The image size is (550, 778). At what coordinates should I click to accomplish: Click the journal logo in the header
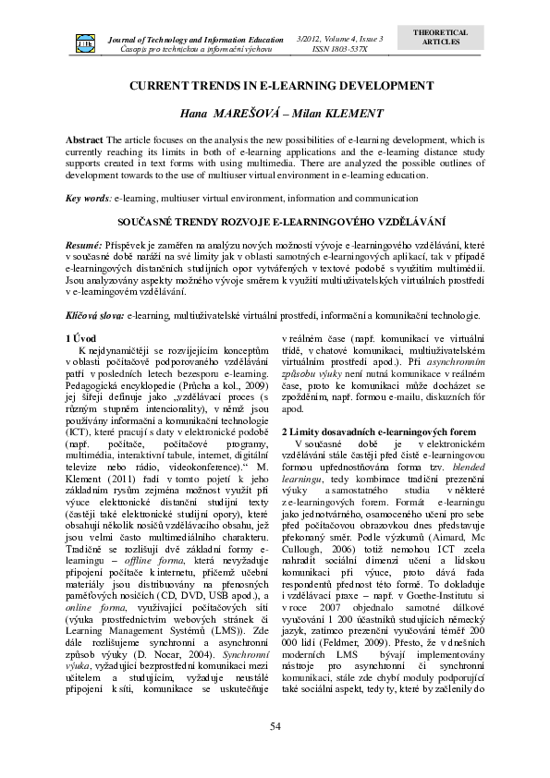pos(84,43)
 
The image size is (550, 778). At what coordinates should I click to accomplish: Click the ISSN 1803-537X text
pos(340,48)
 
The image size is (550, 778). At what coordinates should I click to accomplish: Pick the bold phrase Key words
pos(88,198)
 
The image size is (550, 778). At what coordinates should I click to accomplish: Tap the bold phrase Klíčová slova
pos(95,315)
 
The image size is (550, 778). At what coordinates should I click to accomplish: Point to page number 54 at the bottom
pos(275,726)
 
